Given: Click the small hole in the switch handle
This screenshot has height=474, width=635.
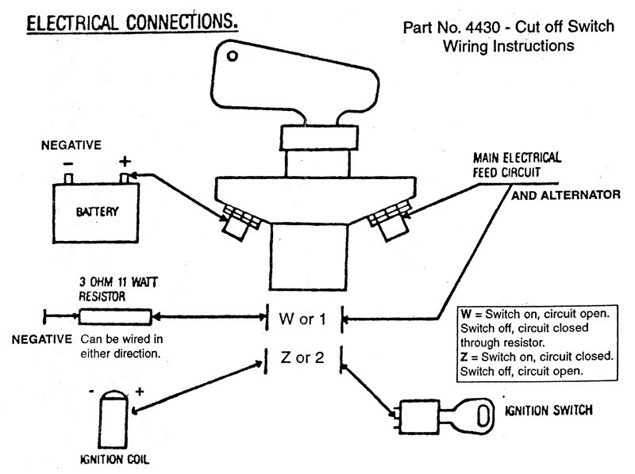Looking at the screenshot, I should tap(231, 56).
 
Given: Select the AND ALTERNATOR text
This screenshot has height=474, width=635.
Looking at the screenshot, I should tap(565, 193).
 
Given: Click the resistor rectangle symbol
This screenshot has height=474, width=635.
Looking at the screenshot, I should tap(115, 317).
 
